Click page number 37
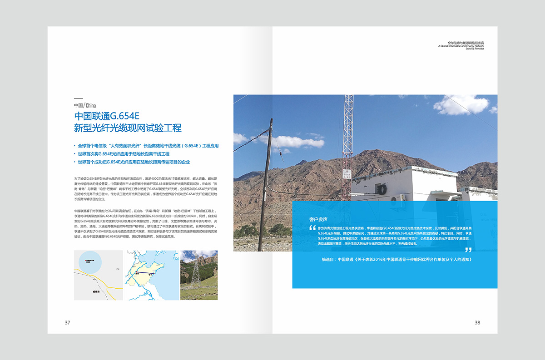coord(68,323)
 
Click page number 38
coord(477,323)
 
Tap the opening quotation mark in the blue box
coord(312,228)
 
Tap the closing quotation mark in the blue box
coord(468,250)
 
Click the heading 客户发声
coord(318,219)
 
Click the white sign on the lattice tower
coord(347,174)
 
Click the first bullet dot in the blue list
coord(74,146)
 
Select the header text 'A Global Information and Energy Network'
coord(461,46)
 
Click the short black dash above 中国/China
coord(78,99)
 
